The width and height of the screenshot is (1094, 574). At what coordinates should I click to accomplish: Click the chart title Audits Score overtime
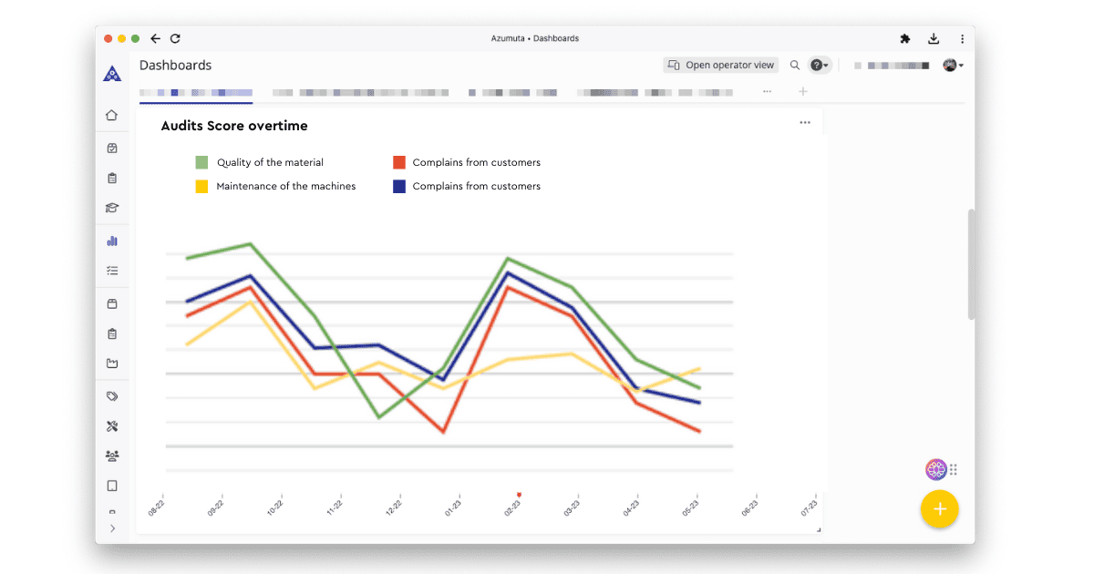[234, 126]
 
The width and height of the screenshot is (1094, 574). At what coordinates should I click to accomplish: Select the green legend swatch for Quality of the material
[201, 162]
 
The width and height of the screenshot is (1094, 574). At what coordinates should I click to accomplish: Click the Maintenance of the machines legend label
[285, 186]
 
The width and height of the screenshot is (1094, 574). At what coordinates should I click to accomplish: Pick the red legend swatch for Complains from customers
[399, 162]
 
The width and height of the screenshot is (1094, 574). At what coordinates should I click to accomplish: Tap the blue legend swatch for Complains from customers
[399, 186]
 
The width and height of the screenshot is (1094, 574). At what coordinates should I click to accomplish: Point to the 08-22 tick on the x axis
[158, 507]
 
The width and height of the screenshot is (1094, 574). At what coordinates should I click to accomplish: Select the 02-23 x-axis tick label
[513, 507]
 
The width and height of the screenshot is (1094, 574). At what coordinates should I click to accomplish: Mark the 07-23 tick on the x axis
[809, 507]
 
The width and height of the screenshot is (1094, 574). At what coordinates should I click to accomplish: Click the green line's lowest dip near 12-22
[378, 417]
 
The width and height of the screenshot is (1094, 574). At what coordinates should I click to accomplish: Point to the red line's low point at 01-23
[443, 432]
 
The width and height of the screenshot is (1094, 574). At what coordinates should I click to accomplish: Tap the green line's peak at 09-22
[251, 243]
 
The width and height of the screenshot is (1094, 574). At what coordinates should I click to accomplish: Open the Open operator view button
[721, 65]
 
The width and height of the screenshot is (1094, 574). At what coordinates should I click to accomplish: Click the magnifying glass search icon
[795, 65]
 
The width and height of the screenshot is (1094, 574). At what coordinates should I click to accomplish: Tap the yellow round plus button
[939, 509]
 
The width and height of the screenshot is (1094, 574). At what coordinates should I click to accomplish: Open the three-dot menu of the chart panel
[805, 123]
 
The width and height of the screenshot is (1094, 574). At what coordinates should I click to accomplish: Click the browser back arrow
[156, 38]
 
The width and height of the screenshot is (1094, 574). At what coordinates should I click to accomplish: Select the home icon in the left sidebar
[112, 116]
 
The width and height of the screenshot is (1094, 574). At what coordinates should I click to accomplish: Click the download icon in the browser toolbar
[934, 38]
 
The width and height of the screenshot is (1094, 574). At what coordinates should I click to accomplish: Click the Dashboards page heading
[175, 65]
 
